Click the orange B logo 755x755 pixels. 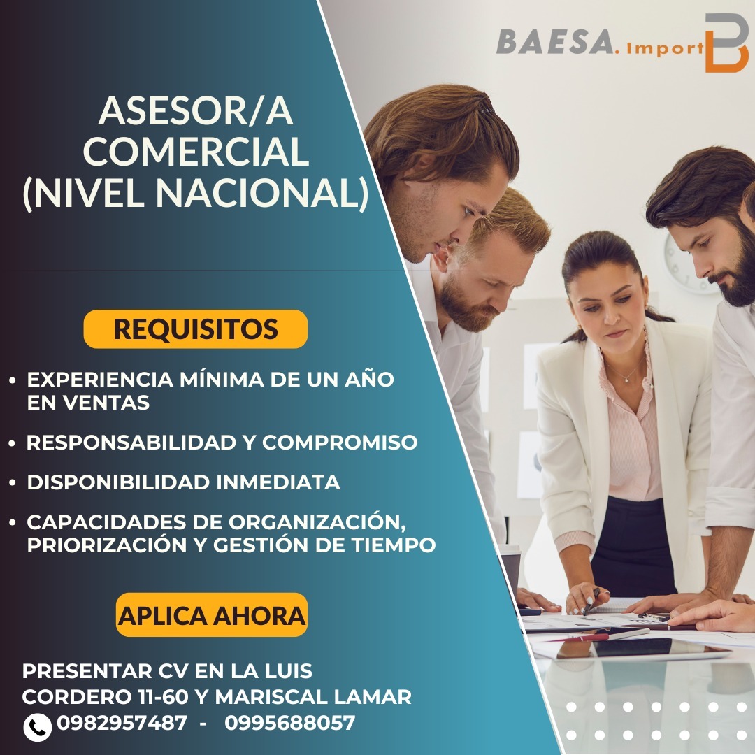[x=726, y=43]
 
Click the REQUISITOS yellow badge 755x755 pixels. [x=196, y=329]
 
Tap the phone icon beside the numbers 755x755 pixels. [x=37, y=726]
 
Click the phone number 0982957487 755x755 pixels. [x=122, y=722]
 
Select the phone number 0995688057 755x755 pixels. [x=290, y=722]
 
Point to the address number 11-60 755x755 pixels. [x=160, y=697]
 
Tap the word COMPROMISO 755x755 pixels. [x=340, y=442]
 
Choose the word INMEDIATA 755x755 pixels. [x=278, y=482]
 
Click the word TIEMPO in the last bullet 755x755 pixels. [x=394, y=545]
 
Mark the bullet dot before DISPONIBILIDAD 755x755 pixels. [x=13, y=482]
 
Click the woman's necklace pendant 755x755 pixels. [x=627, y=380]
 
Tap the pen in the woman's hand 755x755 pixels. [x=591, y=601]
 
